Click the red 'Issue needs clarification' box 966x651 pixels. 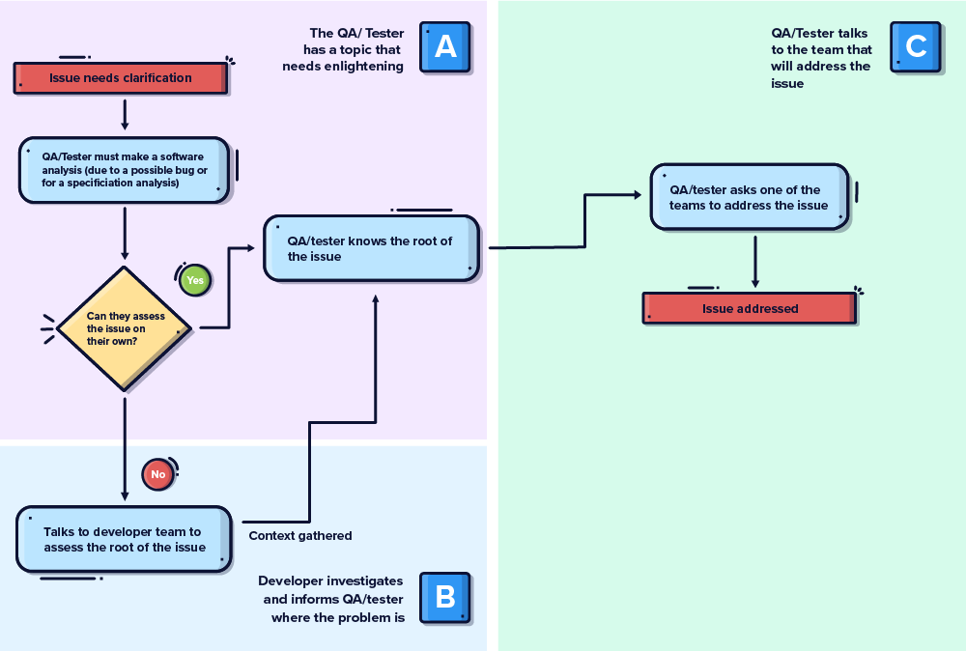120,78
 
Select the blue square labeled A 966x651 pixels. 445,46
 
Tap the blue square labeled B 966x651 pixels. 444,597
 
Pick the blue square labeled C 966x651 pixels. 915,45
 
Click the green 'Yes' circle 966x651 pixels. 195,280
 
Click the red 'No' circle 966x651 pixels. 157,474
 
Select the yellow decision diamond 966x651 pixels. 125,328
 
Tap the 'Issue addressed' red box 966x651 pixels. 750,309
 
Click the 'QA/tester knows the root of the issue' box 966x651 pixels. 371,248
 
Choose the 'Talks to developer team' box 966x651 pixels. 124,539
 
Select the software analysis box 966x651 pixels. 125,170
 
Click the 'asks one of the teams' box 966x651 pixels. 749,197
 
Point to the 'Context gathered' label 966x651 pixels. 300,535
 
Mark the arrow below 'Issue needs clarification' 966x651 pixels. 125,113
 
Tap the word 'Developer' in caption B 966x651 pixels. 288,580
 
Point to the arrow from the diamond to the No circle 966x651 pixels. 125,444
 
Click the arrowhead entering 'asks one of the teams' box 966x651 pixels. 637,195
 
